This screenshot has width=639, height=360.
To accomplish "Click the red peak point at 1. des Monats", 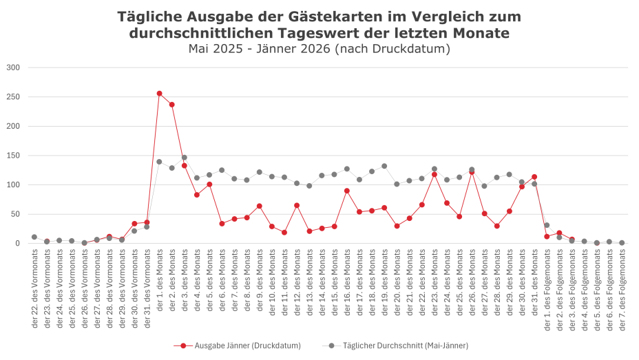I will (159, 94).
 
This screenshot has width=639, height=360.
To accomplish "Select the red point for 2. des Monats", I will (171, 105).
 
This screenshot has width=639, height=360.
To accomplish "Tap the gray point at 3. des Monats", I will (185, 158).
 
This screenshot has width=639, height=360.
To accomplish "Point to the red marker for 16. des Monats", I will (347, 191).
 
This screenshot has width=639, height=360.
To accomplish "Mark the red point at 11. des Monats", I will (284, 233).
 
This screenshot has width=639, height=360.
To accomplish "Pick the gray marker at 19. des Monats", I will (384, 166).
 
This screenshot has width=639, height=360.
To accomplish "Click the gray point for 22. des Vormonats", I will (34, 237).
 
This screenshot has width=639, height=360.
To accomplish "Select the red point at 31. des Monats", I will (534, 177).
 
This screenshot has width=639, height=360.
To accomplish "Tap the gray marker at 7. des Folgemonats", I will (622, 243).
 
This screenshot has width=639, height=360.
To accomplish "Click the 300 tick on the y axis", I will (13, 67).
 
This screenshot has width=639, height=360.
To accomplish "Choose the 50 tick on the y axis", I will (15, 214).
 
